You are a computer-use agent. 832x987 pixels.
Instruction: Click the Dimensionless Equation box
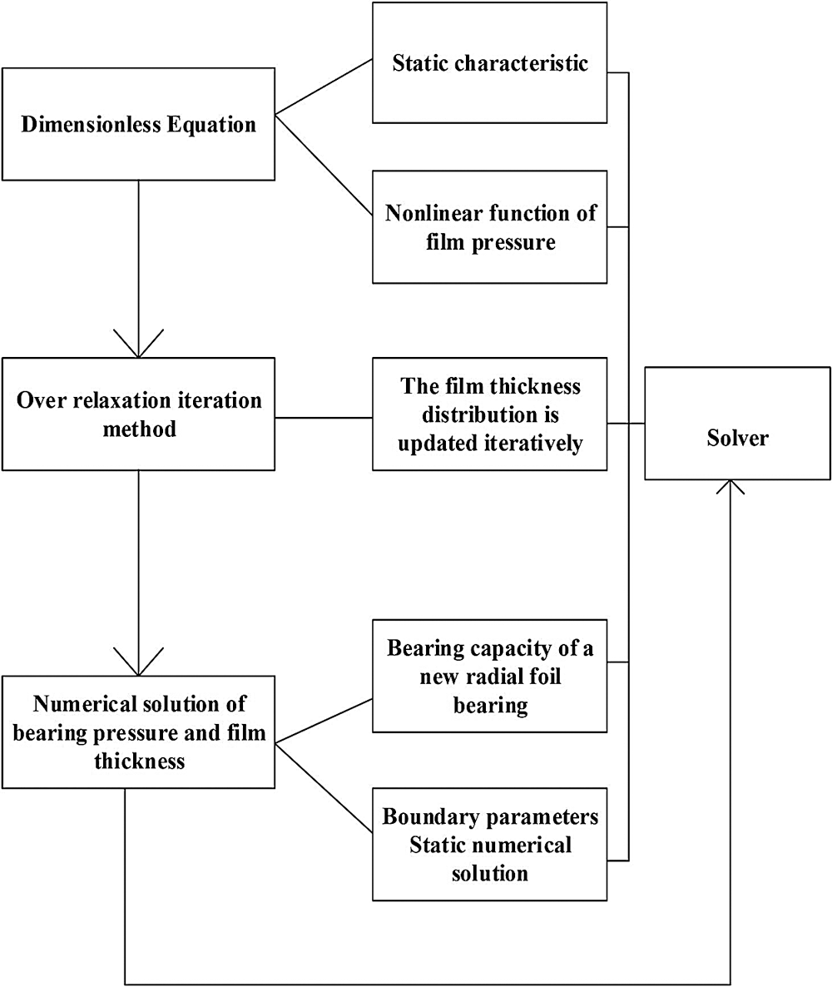pos(138,124)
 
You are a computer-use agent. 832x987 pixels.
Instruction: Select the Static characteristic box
pos(489,63)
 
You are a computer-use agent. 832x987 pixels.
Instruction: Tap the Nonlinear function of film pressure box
pos(489,227)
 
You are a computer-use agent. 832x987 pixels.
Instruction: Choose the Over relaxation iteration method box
pos(138,414)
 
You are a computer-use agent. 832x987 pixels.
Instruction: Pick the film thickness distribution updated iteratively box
pos(489,414)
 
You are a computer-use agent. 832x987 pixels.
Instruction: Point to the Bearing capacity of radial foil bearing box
pos(489,676)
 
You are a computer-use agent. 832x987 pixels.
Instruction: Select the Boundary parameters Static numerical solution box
pos(489,844)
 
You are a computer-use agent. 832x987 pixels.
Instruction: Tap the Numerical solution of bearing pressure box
pos(138,732)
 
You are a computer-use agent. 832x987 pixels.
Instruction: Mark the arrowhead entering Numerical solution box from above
pos(138,664)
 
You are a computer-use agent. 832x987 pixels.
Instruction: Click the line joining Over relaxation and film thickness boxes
pos(324,417)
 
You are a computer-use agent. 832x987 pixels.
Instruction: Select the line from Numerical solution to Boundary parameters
pos(324,787)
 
